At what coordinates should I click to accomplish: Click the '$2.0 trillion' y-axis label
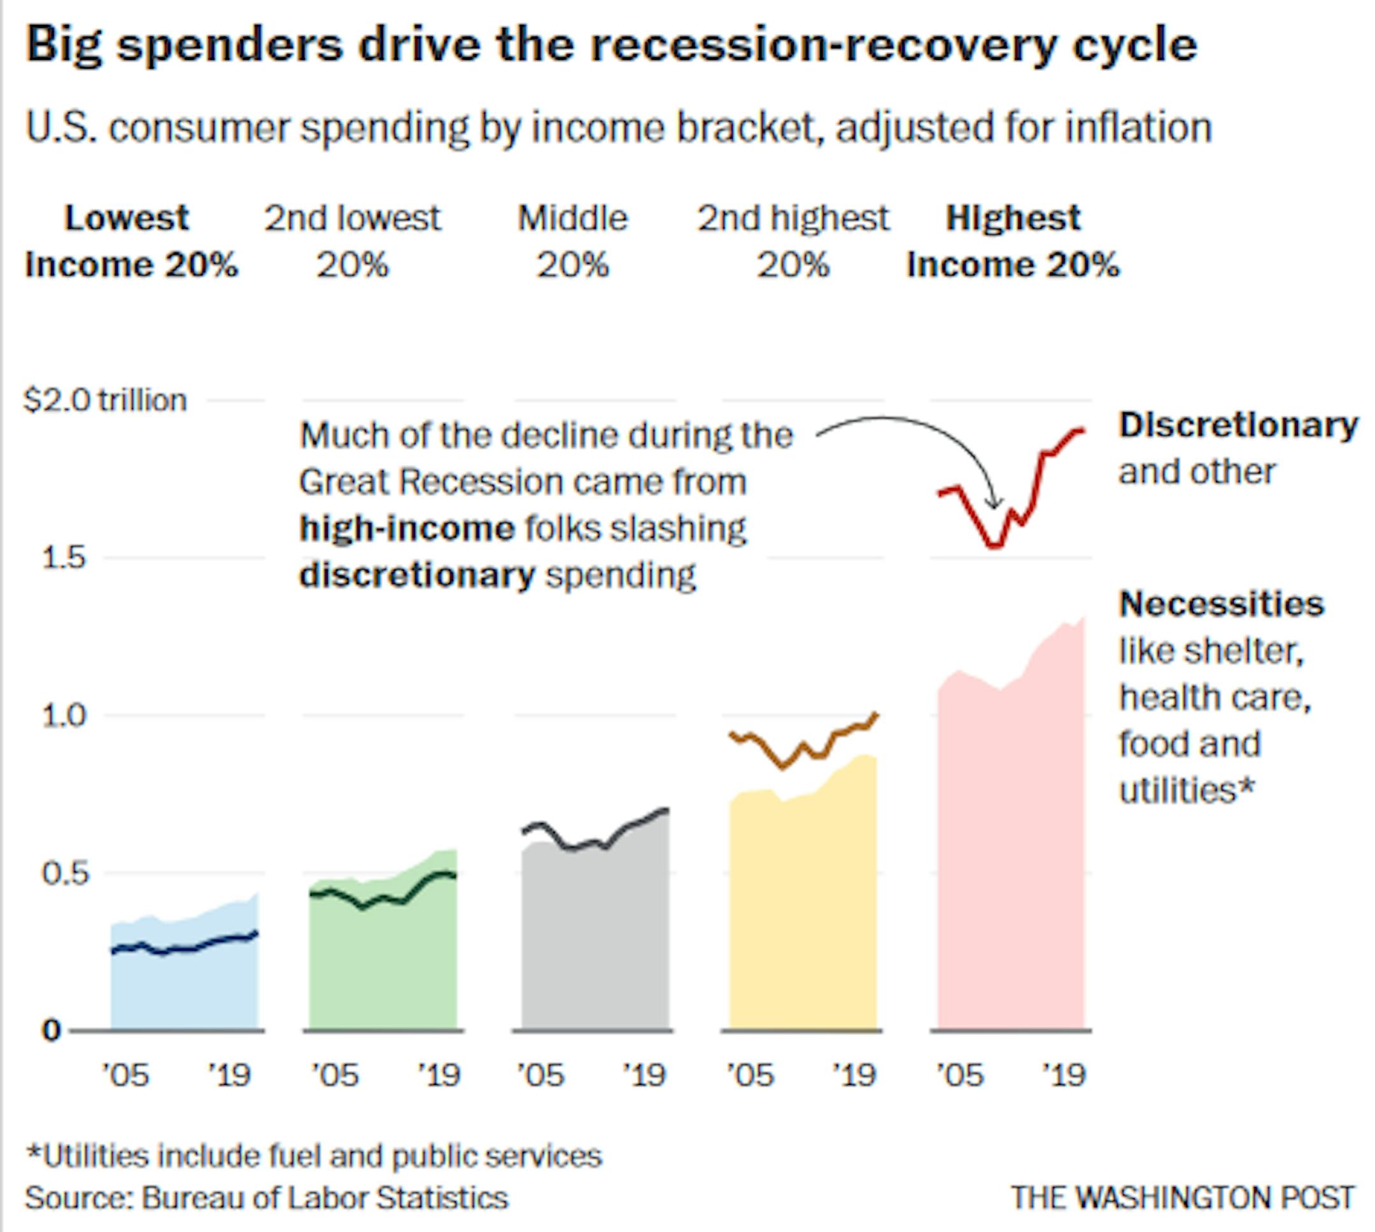(x=105, y=400)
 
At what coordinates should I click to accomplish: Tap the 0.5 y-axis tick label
(x=65, y=873)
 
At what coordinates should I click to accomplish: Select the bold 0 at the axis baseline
(x=52, y=1030)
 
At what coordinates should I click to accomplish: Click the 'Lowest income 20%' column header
(x=130, y=241)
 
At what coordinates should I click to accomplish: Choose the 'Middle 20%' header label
(x=573, y=241)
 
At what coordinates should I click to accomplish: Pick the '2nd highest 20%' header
(x=793, y=241)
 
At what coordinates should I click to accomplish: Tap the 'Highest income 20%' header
(x=1013, y=241)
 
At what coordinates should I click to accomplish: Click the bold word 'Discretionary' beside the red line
(x=1238, y=425)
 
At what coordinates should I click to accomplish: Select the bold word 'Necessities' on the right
(x=1222, y=603)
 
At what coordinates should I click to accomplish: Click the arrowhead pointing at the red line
(x=994, y=503)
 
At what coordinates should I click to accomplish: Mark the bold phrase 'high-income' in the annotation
(x=407, y=528)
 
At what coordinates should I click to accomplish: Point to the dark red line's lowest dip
(x=994, y=545)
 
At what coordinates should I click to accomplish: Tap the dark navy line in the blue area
(x=183, y=948)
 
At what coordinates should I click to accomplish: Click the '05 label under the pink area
(x=959, y=1075)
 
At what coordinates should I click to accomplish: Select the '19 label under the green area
(x=439, y=1075)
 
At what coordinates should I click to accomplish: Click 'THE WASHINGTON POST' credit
(x=1182, y=1198)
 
